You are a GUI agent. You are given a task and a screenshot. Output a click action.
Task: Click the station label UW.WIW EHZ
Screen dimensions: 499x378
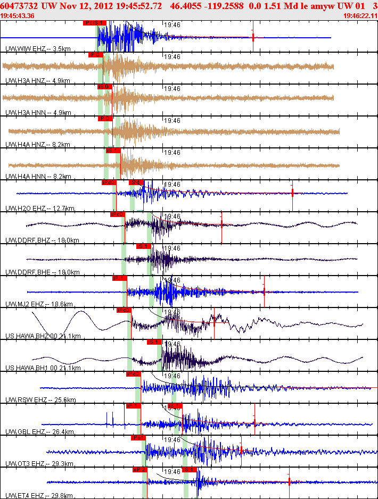click(25, 49)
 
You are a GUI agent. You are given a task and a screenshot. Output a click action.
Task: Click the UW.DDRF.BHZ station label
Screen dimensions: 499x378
click(29, 240)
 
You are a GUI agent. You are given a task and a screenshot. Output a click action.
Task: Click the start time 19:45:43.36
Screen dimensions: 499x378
click(18, 16)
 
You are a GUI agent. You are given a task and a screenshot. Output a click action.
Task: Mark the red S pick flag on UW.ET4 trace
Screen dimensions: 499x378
click(190, 470)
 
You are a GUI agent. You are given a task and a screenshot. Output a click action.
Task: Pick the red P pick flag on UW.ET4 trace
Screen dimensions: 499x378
click(139, 470)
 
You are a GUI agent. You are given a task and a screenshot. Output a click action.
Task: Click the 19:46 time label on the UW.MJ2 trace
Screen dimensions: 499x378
click(172, 280)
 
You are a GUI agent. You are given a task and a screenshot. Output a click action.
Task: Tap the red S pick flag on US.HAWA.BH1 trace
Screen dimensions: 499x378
click(154, 342)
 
